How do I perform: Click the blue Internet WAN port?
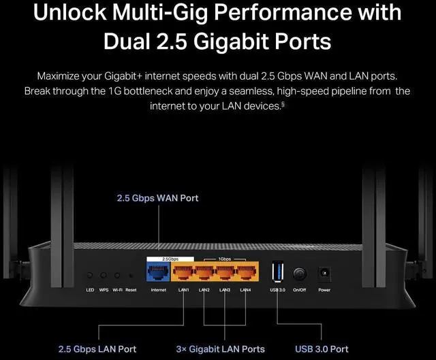point(158,272)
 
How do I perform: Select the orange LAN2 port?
point(204,272)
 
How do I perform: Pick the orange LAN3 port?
point(225,272)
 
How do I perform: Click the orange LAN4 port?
point(247,272)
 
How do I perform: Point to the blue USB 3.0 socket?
point(277,272)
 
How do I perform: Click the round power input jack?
point(324,273)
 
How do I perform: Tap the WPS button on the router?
point(104,275)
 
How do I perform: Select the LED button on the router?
point(90,275)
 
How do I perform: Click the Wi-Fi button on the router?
point(117,275)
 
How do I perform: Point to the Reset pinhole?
point(131,276)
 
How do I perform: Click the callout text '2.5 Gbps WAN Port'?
point(157,198)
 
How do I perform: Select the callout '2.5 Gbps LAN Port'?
point(97,349)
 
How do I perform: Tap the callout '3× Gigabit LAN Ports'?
point(220,349)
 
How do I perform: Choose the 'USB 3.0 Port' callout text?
point(322,349)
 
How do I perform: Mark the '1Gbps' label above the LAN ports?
point(224,259)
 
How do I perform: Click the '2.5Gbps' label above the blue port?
point(170,259)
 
